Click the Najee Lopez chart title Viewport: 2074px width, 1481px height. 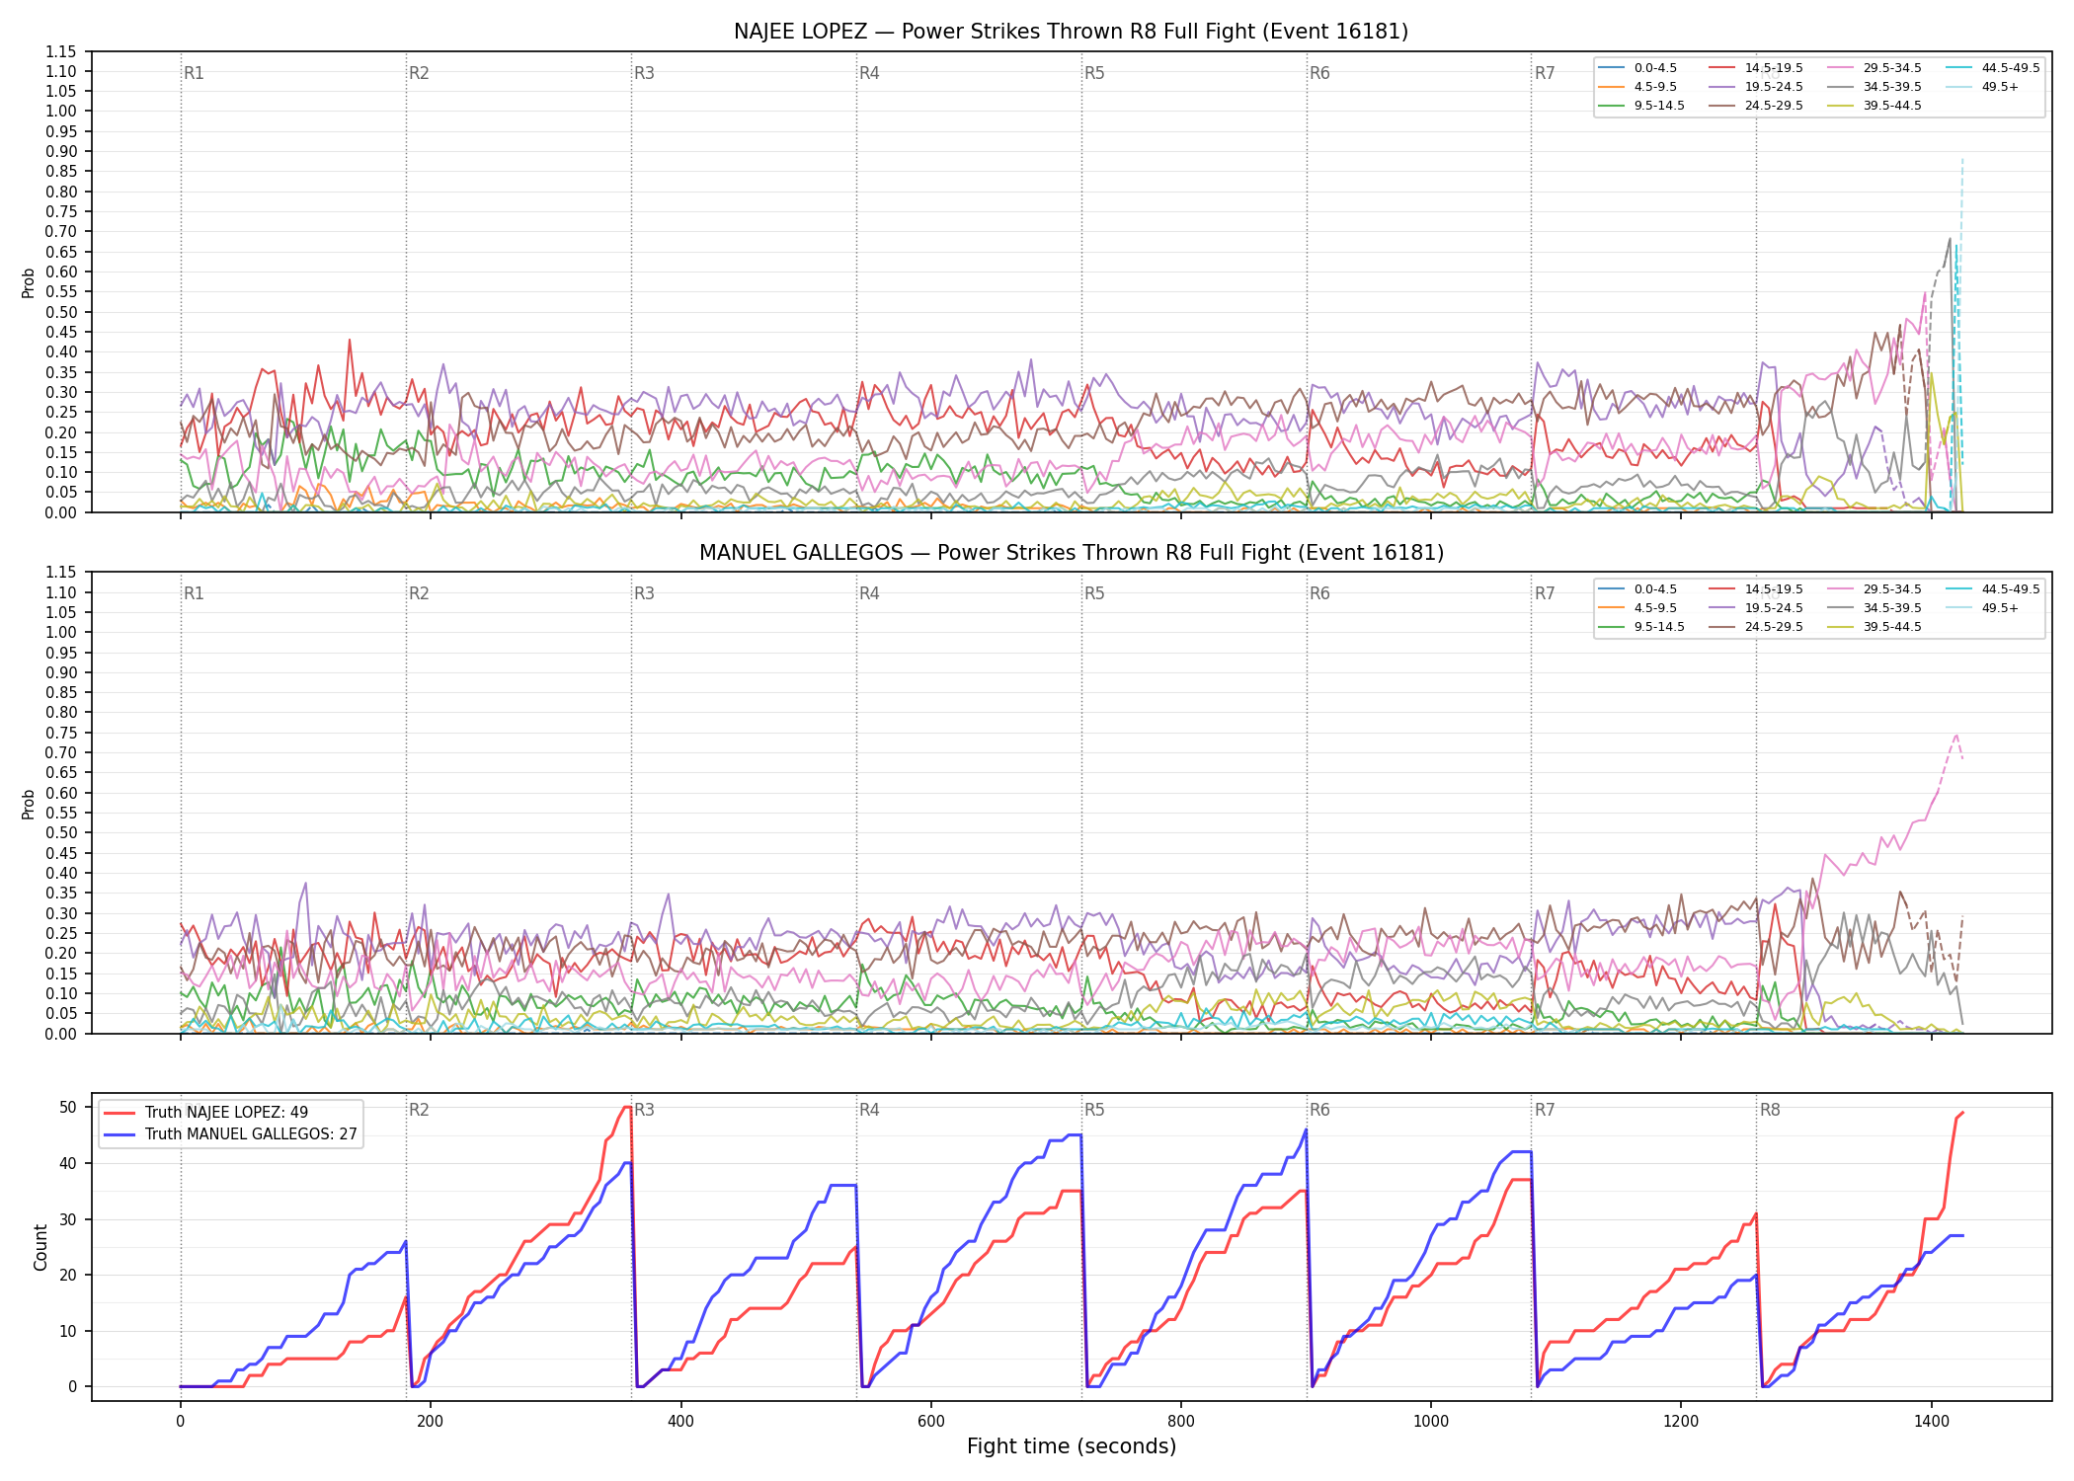click(x=1071, y=32)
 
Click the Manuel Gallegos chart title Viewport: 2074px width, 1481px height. click(x=1071, y=553)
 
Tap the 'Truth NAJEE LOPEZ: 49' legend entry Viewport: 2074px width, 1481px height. click(x=204, y=1113)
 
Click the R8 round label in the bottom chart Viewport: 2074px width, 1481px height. click(x=1770, y=1110)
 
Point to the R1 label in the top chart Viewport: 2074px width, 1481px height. click(x=194, y=73)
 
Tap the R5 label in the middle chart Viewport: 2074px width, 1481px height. click(x=1094, y=593)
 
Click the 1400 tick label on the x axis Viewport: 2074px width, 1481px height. click(x=1932, y=1422)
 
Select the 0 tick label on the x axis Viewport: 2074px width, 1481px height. click(x=180, y=1422)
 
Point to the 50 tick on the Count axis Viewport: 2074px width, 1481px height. click(x=67, y=1107)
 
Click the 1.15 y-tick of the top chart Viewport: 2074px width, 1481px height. click(x=61, y=51)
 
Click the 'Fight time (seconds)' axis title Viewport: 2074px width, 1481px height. click(x=1072, y=1446)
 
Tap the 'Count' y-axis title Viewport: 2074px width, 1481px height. click(x=40, y=1247)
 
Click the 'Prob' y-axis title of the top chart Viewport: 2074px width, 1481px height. click(x=29, y=282)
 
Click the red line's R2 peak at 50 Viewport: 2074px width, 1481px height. click(x=628, y=1107)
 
